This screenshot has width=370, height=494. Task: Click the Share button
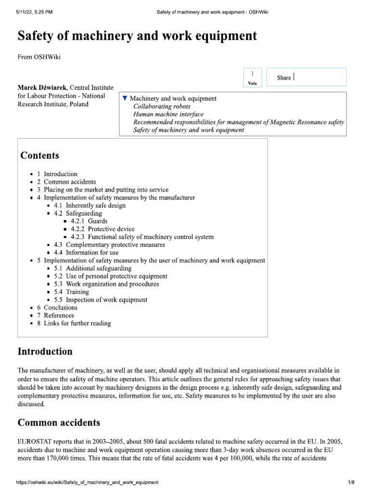click(x=284, y=78)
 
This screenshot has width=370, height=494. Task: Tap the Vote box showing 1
click(x=252, y=77)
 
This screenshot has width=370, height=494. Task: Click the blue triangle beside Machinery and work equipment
click(x=125, y=98)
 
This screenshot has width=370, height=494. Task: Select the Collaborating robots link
click(x=162, y=106)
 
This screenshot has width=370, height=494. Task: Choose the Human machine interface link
click(x=168, y=114)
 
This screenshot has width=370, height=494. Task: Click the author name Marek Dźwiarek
click(x=42, y=87)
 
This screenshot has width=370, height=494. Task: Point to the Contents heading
click(x=40, y=155)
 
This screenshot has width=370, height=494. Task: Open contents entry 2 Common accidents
click(x=66, y=182)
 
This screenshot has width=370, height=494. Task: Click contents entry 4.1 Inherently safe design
click(x=90, y=206)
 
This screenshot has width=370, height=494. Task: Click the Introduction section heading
click(x=45, y=351)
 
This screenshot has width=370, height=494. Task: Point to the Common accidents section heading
click(x=59, y=423)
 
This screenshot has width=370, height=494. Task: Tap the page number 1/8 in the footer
click(x=351, y=482)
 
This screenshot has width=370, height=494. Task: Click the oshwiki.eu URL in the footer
click(x=87, y=482)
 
